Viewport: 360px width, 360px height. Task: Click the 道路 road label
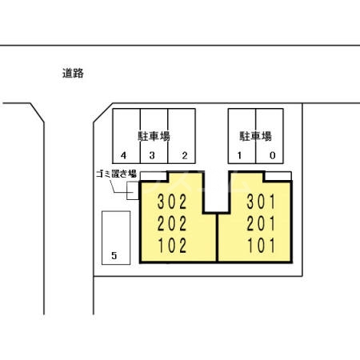coord(73,73)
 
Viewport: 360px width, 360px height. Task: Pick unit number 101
coord(261,245)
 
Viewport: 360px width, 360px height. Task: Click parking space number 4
coord(124,155)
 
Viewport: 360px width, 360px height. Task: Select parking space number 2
coord(184,155)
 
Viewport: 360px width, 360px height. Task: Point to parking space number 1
coord(239,155)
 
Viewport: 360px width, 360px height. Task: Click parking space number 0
coord(272,155)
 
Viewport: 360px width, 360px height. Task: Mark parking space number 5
coord(114,256)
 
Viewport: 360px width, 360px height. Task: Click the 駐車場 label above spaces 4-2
coord(153,136)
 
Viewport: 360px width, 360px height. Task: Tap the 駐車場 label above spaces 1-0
coord(255,136)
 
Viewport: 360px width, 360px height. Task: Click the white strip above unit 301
coord(277,176)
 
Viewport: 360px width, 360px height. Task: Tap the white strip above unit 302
coord(154,176)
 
